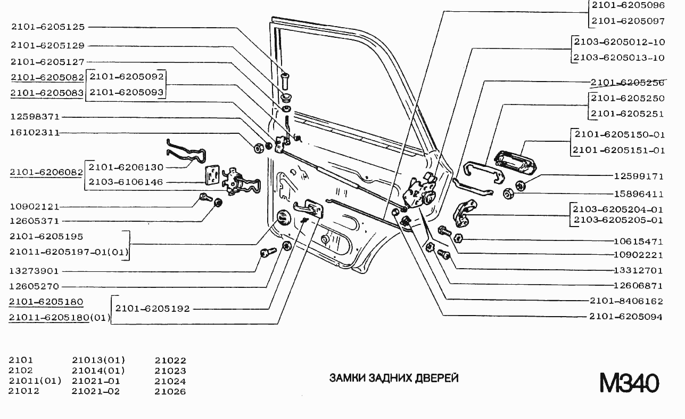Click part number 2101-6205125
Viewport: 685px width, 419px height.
click(x=47, y=27)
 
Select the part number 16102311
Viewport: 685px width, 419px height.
click(x=35, y=132)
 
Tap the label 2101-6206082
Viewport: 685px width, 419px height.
click(x=47, y=172)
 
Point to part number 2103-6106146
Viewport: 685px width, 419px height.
click(x=126, y=182)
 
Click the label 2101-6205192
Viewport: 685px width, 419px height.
click(x=152, y=308)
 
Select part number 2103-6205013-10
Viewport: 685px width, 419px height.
click(x=619, y=58)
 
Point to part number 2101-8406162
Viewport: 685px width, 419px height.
click(x=626, y=301)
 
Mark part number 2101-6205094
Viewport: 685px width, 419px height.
click(x=626, y=317)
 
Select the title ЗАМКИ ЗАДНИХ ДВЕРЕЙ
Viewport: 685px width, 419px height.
click(x=394, y=378)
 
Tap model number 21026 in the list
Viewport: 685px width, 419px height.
click(x=170, y=391)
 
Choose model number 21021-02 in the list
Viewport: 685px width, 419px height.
click(x=96, y=391)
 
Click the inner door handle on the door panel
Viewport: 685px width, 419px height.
click(x=309, y=207)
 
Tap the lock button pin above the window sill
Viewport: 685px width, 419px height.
click(x=286, y=82)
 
